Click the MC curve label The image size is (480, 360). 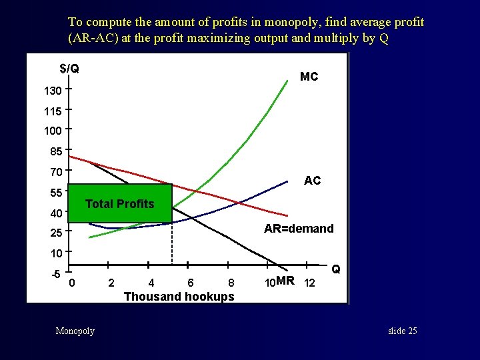point(309,77)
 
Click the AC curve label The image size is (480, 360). point(312,181)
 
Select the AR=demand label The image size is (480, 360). point(299,229)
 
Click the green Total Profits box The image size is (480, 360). point(120,203)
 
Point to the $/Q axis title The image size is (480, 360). point(69,68)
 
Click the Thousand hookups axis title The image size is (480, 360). point(179,297)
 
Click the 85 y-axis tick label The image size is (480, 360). point(56,151)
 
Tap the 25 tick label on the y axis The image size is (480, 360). point(56,235)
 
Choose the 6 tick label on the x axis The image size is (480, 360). point(191,283)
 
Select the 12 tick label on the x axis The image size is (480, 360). point(309,283)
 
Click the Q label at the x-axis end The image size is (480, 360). point(336,269)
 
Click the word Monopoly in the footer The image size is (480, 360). point(75,331)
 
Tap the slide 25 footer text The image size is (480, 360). point(402,331)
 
